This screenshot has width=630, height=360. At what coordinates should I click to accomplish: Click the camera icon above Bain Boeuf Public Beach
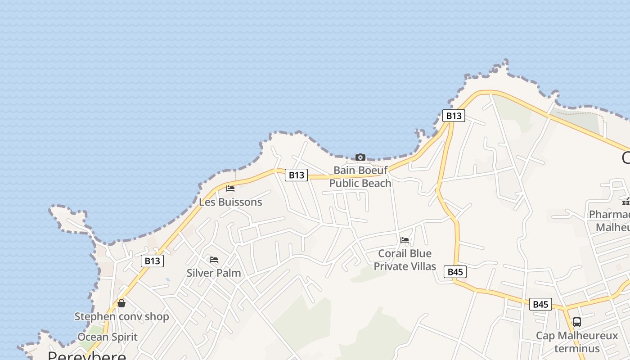point(360,157)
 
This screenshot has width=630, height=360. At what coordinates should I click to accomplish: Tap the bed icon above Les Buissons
point(230,189)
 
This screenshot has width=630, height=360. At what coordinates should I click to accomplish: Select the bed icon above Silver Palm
point(214,260)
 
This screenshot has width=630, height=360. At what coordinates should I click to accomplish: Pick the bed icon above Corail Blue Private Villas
point(405,240)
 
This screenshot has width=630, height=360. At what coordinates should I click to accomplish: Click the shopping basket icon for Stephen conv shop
point(121,303)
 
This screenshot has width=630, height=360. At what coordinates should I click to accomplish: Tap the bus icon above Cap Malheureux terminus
point(576,322)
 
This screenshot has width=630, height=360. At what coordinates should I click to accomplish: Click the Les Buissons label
point(230,202)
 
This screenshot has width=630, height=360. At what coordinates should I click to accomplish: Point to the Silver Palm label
point(214,273)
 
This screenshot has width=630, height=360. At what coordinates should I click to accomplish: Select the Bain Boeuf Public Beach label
point(360,177)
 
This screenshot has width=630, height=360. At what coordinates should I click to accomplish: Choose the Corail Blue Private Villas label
point(405,260)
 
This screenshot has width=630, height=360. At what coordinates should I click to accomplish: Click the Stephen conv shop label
point(121,317)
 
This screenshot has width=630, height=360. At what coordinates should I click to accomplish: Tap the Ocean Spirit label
point(108,337)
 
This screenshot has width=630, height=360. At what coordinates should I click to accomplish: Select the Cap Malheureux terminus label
point(577,342)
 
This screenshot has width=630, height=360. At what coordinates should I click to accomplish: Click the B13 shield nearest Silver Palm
point(152,261)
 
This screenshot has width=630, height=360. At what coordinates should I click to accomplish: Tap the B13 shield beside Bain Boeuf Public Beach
point(296,175)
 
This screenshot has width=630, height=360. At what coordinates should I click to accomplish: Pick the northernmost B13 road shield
point(454,116)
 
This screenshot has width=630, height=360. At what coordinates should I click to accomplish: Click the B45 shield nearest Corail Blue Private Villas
point(455,272)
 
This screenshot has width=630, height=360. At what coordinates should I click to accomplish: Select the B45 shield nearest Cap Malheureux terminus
point(540,304)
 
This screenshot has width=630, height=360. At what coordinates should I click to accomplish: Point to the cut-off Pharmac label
point(610,214)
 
